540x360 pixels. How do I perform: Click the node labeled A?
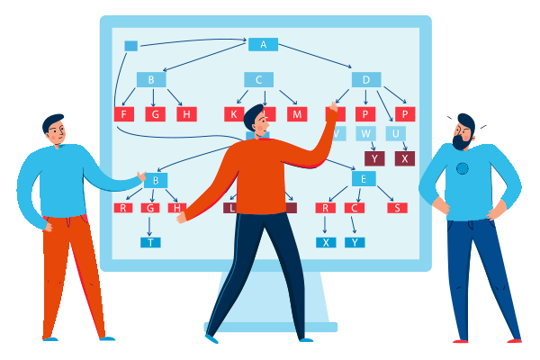[x=263, y=44]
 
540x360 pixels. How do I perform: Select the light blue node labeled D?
[x=365, y=80]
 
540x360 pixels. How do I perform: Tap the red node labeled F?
[x=124, y=114]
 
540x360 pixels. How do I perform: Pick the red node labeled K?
[x=234, y=114]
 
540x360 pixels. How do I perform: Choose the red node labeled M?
[x=297, y=114]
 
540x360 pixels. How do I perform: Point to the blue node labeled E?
[x=363, y=178]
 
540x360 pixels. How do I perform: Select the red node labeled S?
[x=397, y=208]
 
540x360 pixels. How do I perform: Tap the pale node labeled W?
[x=365, y=134]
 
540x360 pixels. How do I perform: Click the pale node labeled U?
[x=395, y=134]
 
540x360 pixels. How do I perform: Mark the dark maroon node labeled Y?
[x=374, y=158]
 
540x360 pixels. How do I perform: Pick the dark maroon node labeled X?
[x=405, y=158]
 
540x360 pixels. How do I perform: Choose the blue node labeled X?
[x=326, y=242]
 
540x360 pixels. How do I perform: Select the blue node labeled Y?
[x=355, y=242]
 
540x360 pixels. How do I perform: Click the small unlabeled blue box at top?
[x=130, y=46]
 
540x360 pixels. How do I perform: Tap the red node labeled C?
[x=355, y=208]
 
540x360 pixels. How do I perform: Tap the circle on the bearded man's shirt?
[x=462, y=168]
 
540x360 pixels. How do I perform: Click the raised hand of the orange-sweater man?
[x=332, y=111]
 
